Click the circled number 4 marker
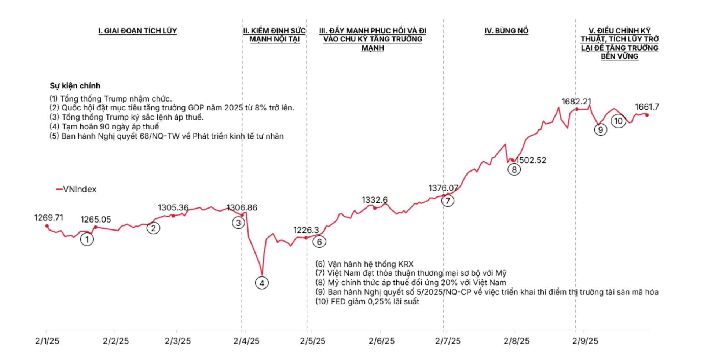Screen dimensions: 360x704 pos(262,283)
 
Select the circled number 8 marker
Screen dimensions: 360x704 pos(514,169)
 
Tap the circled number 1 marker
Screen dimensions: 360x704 pos(87,239)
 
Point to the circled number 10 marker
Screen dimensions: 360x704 pos(618,121)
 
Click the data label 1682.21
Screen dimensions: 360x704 pos(576,102)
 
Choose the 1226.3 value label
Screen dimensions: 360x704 pos(306,230)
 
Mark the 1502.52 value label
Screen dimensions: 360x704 pos(531,160)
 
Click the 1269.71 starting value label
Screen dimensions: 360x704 pos(49,218)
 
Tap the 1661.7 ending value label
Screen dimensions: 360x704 pos(647,107)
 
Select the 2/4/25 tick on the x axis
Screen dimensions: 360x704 pos(246,341)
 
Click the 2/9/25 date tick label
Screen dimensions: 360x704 pos(585,341)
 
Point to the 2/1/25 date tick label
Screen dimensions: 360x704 pos(47,341)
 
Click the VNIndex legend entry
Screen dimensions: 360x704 pos(76,189)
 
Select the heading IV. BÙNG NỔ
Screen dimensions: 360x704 pos(506,31)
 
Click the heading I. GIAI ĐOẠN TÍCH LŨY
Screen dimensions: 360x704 pos(137,31)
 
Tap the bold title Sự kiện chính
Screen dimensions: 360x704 pos(75,86)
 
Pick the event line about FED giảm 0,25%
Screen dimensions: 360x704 pos(367,301)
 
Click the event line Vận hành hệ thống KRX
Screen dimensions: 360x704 pos(364,264)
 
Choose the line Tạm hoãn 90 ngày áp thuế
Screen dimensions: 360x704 pos(104,126)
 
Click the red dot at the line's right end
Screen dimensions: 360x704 pos(647,115)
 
